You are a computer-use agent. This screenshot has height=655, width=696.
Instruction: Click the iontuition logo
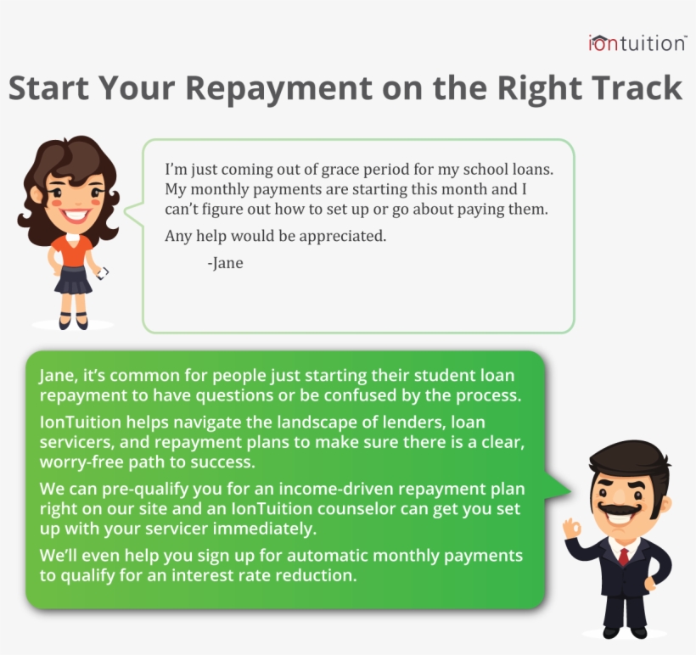tap(637, 42)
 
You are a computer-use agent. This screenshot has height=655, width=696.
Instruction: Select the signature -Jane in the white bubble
tap(225, 263)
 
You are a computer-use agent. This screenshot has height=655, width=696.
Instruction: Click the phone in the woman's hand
tap(103, 273)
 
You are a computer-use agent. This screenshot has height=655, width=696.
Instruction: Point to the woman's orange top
tap(71, 250)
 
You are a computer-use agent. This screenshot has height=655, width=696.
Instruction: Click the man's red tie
tap(624, 557)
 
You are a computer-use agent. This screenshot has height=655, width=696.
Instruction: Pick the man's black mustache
tap(620, 512)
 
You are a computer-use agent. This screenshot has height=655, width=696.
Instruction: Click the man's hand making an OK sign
tap(572, 528)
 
